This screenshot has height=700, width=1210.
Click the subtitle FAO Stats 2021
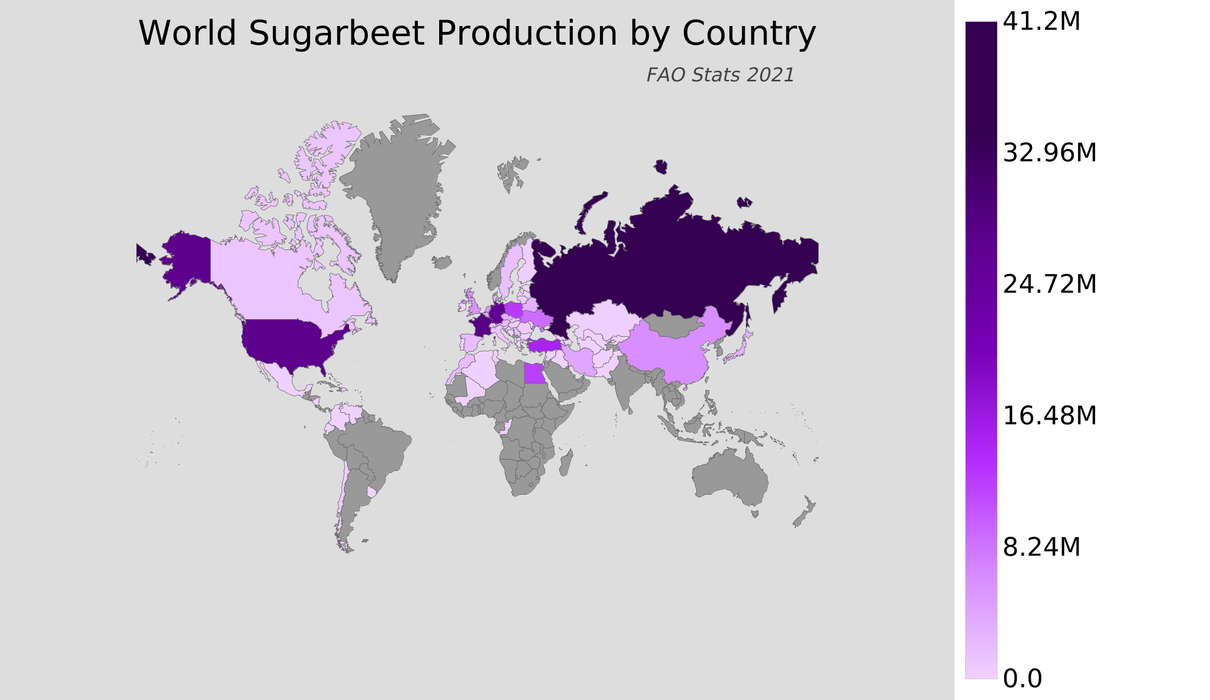pos(720,75)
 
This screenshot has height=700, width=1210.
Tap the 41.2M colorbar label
pos(1041,22)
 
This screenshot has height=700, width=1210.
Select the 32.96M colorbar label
pos(1049,153)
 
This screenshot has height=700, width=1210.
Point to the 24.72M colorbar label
pos(1049,285)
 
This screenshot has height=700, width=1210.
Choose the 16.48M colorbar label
pos(1049,416)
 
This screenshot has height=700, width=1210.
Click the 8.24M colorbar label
pos(1041,547)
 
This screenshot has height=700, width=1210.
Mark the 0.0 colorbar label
pos(1022,679)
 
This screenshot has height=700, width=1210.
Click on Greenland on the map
pos(399,191)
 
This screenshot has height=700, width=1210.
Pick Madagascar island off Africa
pos(566,463)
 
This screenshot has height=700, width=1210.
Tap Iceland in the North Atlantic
pos(442,262)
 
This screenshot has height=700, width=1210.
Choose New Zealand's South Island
pos(800,518)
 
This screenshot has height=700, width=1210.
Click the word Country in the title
pos(749,34)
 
